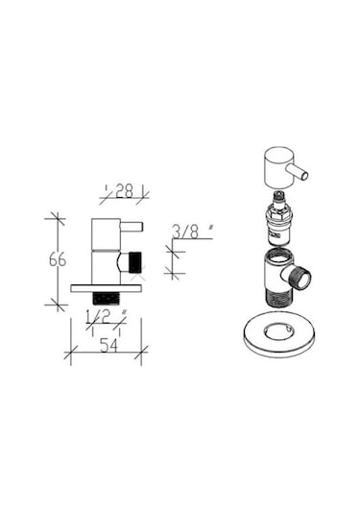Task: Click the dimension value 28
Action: (124, 191)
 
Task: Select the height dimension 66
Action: (58, 259)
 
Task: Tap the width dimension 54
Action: (108, 345)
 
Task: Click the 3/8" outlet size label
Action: (193, 232)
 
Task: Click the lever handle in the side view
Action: (132, 227)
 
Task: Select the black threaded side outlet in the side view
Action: (135, 262)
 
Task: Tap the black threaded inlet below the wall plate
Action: (107, 298)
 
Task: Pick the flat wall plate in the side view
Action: (107, 288)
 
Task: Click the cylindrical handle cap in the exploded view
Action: (279, 167)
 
